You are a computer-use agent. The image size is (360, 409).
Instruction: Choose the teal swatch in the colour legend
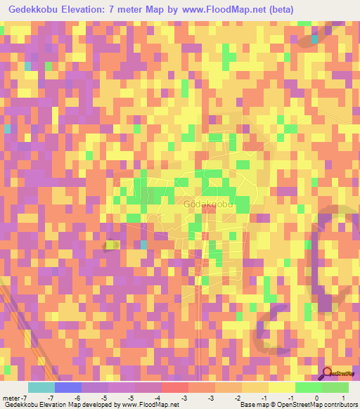[41, 387]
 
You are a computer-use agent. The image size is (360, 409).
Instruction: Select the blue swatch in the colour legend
[67, 387]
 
